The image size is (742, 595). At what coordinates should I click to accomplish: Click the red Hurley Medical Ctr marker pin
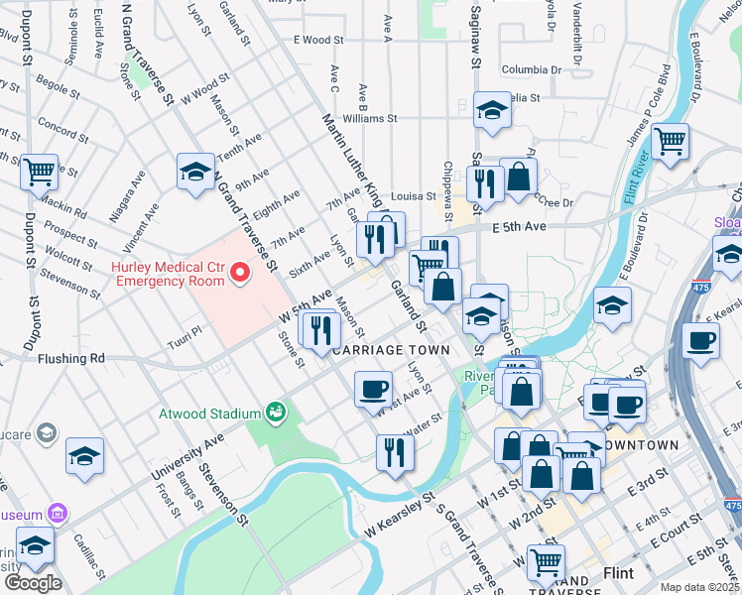click(x=238, y=272)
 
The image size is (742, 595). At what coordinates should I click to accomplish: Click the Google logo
click(x=32, y=583)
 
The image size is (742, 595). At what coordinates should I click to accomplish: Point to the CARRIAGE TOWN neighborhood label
click(x=391, y=351)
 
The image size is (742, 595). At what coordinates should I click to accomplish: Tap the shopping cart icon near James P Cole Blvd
click(x=671, y=141)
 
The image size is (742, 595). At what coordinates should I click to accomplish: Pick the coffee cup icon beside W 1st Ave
click(x=373, y=389)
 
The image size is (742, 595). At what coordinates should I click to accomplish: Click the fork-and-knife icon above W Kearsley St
click(x=395, y=453)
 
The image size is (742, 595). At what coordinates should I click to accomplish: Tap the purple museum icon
click(x=58, y=514)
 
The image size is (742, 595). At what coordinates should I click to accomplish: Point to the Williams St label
click(x=362, y=117)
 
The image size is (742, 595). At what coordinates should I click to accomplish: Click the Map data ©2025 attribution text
click(x=699, y=587)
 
